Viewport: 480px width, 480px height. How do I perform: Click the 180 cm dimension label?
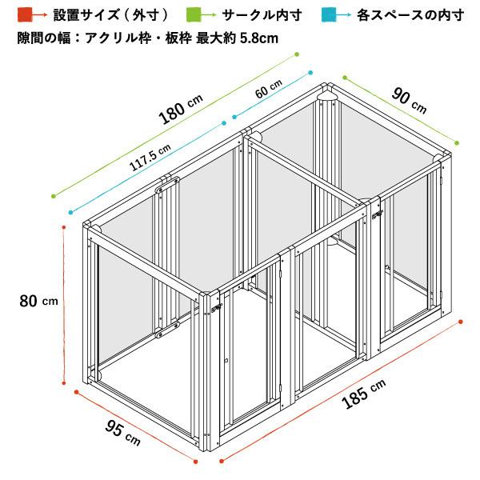coord(181,110)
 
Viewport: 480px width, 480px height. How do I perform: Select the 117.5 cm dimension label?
coord(150,158)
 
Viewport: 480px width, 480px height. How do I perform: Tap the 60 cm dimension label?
coord(269,89)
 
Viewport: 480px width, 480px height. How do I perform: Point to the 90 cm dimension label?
coord(409,100)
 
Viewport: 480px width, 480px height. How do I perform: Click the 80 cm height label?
coord(38,301)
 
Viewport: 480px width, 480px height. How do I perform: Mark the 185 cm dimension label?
coord(363,394)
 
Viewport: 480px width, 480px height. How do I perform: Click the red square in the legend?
coord(25,14)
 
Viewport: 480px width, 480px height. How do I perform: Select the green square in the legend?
coord(194,14)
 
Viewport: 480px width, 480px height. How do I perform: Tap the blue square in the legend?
coord(329,14)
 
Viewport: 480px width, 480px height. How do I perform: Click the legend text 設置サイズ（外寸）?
coord(111,14)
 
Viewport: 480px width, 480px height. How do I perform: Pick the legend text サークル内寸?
coord(262,14)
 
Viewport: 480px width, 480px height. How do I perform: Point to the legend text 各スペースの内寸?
coord(410,14)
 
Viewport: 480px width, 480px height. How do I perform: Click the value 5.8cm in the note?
coord(259,38)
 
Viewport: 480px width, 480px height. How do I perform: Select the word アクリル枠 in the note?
coord(118,38)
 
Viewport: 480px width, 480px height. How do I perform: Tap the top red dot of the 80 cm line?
coord(64,227)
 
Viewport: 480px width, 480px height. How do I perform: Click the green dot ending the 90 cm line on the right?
coord(457,143)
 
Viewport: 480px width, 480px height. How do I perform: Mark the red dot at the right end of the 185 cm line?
coord(461,322)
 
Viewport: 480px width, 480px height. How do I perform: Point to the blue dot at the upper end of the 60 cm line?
coord(310,73)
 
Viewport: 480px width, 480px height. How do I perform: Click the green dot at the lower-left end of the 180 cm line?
coord(54,196)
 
